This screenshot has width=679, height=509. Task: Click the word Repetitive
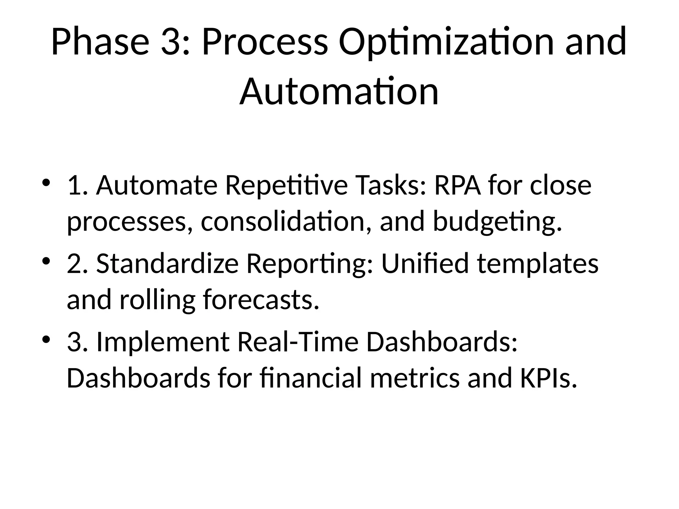pyautogui.click(x=286, y=185)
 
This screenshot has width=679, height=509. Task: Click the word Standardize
pyautogui.click(x=168, y=264)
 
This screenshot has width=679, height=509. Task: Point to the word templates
pyautogui.click(x=537, y=264)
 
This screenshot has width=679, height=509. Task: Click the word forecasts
pyautogui.click(x=258, y=300)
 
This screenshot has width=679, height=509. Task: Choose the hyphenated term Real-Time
pyautogui.click(x=298, y=342)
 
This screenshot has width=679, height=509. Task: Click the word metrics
pyautogui.click(x=414, y=378)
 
